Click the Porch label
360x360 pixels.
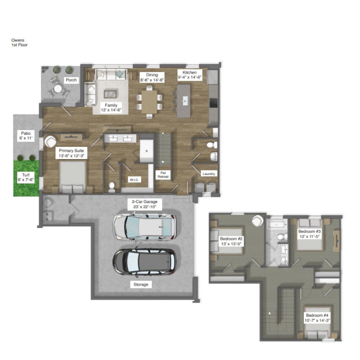(71, 80)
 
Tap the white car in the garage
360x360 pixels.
(145, 227)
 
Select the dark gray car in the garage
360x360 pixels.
(145, 262)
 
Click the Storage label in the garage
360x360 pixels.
(141, 284)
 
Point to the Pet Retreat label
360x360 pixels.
(163, 175)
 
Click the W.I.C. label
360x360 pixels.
(134, 180)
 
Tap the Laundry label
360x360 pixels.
(209, 174)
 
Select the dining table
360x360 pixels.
(149, 102)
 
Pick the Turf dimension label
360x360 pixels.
(26, 177)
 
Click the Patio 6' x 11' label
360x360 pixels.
(26, 136)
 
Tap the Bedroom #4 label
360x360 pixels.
(317, 318)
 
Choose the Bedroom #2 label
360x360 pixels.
(231, 241)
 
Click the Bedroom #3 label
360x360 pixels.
(309, 234)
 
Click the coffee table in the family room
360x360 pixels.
(110, 94)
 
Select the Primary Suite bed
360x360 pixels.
(73, 177)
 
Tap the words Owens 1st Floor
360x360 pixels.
(20, 42)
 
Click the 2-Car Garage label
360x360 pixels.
(145, 204)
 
